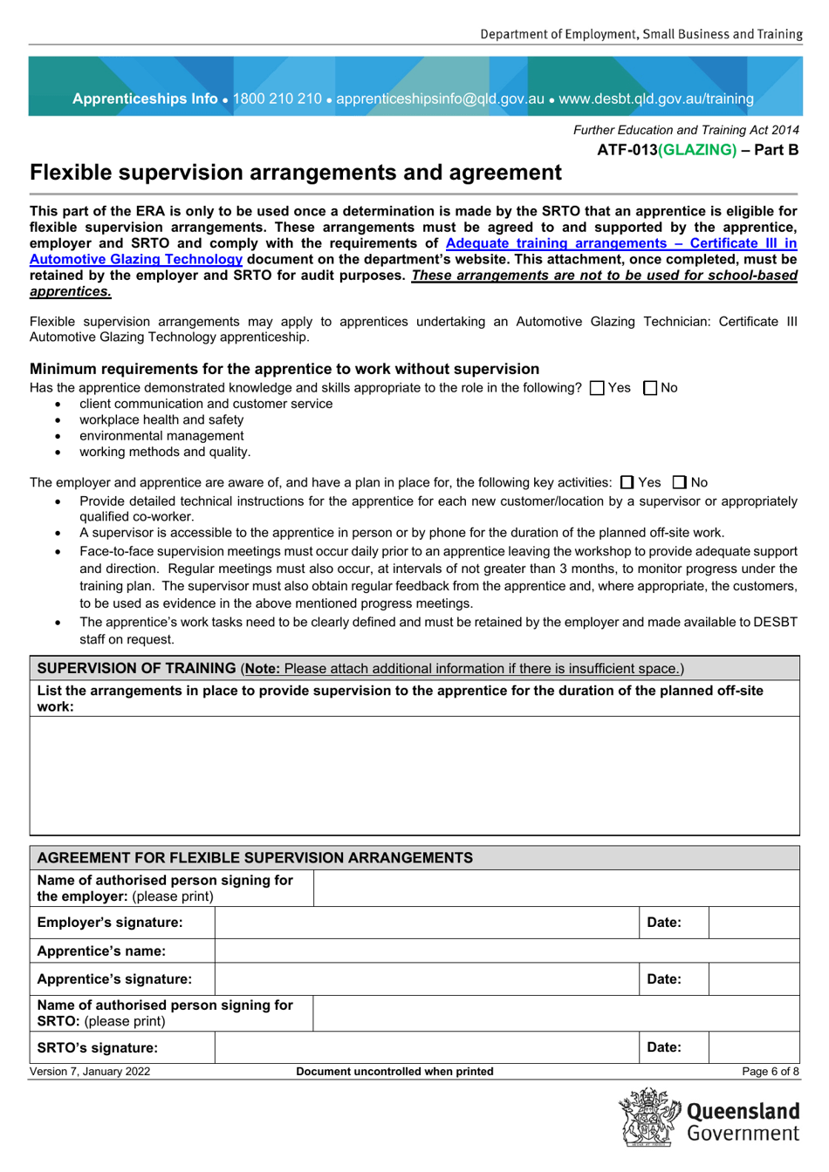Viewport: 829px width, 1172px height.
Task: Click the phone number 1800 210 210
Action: pyautogui.click(x=277, y=99)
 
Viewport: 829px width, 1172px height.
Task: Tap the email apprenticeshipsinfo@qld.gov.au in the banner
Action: pyautogui.click(x=440, y=99)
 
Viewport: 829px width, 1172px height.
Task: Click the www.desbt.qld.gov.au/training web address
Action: pyautogui.click(x=656, y=99)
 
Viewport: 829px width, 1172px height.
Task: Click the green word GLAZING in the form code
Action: pyautogui.click(x=697, y=150)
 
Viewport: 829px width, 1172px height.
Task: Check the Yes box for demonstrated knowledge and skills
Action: pyautogui.click(x=597, y=388)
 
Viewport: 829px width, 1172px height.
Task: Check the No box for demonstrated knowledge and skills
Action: pyautogui.click(x=649, y=388)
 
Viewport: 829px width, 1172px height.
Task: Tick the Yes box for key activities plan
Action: pyautogui.click(x=627, y=482)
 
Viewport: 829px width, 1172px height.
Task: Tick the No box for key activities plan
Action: pyautogui.click(x=680, y=482)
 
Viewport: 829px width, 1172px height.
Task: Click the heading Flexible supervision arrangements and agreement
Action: pyautogui.click(x=295, y=173)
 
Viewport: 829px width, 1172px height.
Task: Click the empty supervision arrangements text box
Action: pyautogui.click(x=414, y=775)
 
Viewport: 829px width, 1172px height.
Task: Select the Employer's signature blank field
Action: pyautogui.click(x=426, y=923)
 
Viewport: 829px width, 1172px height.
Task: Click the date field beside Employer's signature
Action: pyautogui.click(x=753, y=923)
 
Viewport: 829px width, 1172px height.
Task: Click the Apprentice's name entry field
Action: pyautogui.click(x=506, y=951)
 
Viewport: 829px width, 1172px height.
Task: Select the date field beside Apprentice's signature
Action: pyautogui.click(x=753, y=979)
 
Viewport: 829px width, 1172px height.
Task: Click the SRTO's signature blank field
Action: pyautogui.click(x=426, y=1047)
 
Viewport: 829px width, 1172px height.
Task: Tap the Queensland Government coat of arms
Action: pyautogui.click(x=649, y=1117)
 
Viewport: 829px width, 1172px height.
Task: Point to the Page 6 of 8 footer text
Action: pyautogui.click(x=770, y=1072)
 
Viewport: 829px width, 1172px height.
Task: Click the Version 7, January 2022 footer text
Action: pyautogui.click(x=90, y=1072)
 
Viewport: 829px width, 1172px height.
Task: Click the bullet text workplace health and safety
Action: pyautogui.click(x=161, y=419)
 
